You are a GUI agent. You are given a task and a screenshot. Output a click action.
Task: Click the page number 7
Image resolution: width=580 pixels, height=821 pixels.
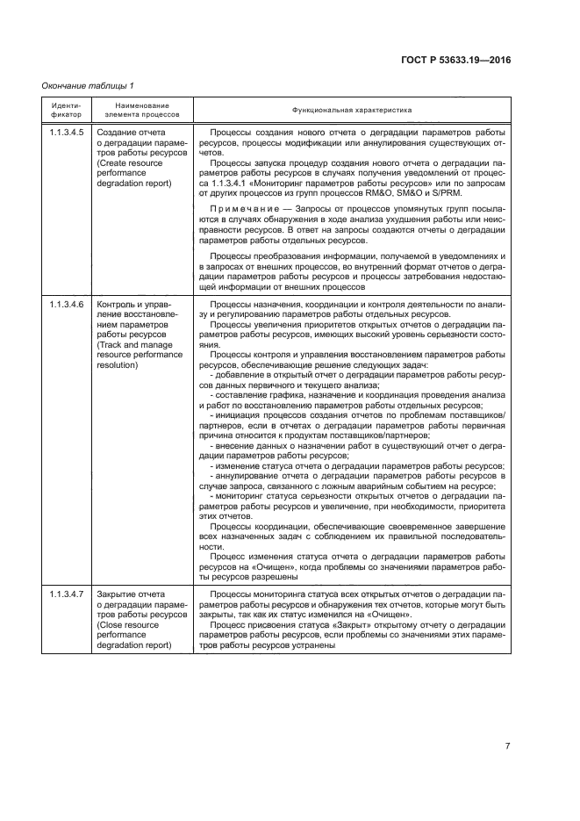[x=507, y=746]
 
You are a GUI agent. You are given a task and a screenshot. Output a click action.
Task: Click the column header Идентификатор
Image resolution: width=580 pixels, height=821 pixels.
[x=66, y=110]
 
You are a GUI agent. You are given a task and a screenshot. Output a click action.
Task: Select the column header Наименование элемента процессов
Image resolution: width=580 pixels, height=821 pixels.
[x=141, y=110]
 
